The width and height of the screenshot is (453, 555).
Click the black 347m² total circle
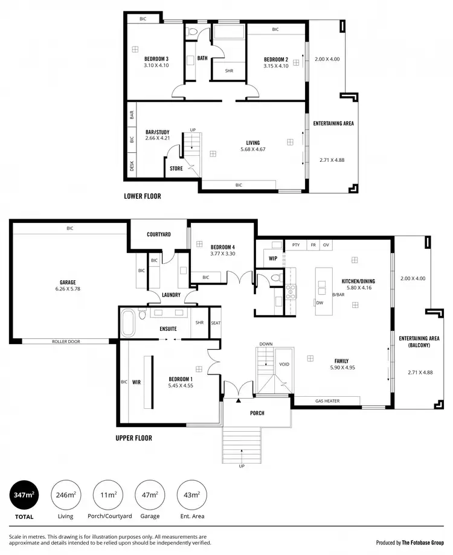pos(24,495)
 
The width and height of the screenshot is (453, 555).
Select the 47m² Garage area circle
pos(149,495)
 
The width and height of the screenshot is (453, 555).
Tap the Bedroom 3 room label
pos(156,59)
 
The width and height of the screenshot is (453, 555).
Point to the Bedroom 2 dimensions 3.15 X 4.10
pos(276,66)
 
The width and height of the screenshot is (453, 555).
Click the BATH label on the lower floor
pos(202,59)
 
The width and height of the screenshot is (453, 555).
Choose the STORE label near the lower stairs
pos(176,168)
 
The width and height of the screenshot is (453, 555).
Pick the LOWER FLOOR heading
pos(143,196)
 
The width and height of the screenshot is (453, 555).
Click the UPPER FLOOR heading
pos(133,438)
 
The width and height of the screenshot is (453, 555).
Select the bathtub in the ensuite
pos(129,324)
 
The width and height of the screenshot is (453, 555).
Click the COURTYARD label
pos(159,234)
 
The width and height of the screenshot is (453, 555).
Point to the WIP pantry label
pos(273,258)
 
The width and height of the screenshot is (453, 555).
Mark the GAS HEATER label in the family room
pos(327,400)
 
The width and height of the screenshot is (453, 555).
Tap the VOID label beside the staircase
pos(283,365)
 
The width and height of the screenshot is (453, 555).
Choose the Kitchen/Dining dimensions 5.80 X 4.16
pos(359,288)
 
